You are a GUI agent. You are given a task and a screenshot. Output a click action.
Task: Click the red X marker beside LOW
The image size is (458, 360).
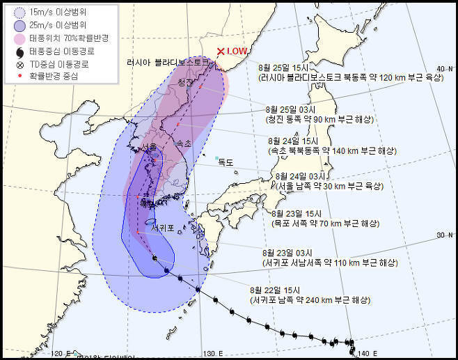[x=221, y=51]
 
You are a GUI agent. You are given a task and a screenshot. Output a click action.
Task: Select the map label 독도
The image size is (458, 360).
[x=225, y=162]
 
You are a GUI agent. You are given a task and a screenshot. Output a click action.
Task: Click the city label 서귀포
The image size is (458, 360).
[x=162, y=227]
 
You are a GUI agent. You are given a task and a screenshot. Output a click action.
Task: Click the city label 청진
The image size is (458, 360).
[x=185, y=82]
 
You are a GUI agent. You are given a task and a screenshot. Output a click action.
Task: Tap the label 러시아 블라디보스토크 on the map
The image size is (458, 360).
[x=168, y=62]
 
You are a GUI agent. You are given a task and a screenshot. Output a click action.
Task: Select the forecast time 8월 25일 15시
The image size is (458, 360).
[x=282, y=68]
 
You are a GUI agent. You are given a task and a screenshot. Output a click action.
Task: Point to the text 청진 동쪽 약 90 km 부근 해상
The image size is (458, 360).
[x=320, y=120]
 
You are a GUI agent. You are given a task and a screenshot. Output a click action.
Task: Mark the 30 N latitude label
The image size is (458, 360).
[x=443, y=235]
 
